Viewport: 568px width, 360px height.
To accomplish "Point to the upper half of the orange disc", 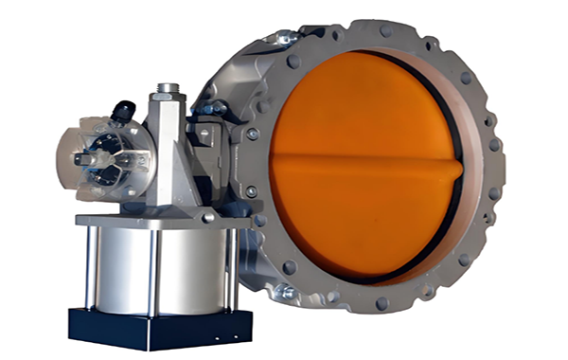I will coord(364,109).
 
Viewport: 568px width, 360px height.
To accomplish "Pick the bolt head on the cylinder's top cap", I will coord(207,218).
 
